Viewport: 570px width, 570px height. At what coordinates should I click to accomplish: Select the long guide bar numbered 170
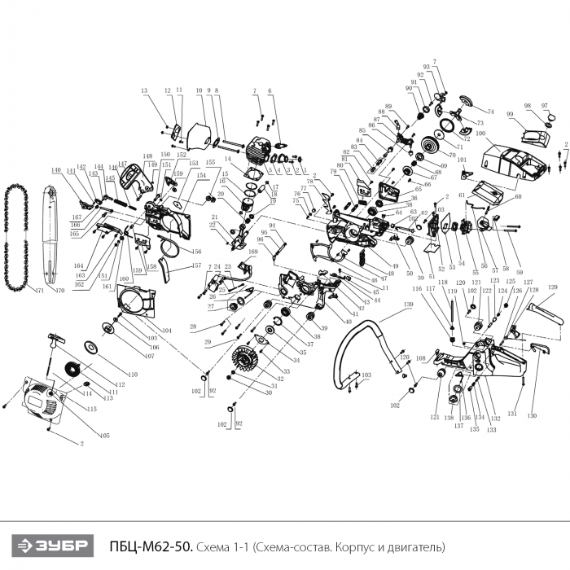coord(46,236)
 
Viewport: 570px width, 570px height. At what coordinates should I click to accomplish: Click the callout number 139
coord(385,304)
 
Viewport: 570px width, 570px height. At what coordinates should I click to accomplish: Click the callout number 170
coord(57,290)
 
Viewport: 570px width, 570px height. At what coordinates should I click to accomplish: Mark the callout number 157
coord(196,265)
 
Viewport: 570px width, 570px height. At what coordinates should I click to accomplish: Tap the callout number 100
coord(480,133)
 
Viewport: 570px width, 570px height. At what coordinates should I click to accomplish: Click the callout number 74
coord(491,111)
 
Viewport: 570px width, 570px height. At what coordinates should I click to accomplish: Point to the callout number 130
coord(532,416)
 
